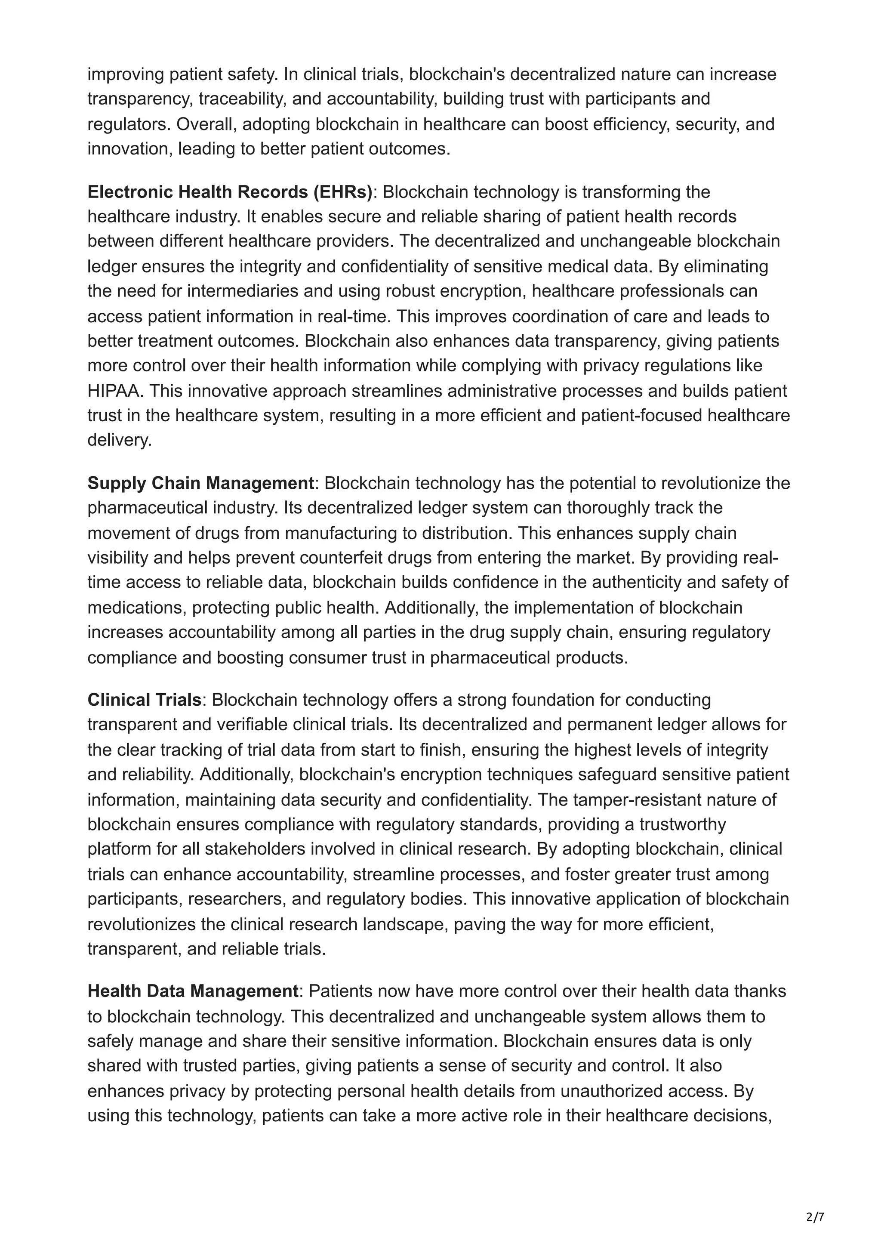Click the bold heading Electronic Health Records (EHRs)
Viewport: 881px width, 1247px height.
tap(230, 192)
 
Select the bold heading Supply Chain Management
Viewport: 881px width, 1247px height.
tap(201, 483)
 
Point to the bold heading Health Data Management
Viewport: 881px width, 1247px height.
tap(193, 991)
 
